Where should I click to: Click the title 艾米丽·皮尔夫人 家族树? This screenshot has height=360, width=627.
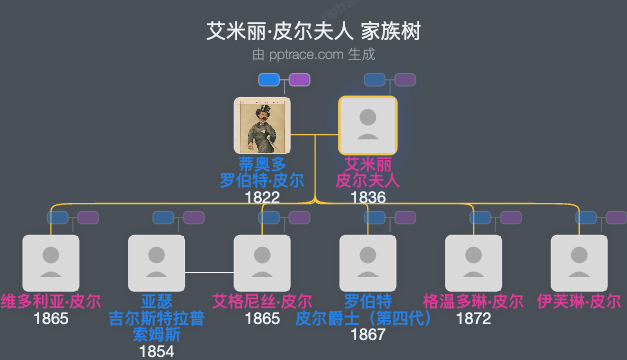[313, 31]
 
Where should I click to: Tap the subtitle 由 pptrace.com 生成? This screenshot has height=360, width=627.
[313, 54]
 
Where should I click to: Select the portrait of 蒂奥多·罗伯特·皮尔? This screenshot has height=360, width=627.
[261, 125]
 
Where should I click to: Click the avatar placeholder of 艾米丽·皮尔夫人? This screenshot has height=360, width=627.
[367, 125]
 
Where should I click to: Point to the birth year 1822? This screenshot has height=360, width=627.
[261, 197]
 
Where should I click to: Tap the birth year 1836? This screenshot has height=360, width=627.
[367, 197]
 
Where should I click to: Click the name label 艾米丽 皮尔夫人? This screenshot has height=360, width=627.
[367, 172]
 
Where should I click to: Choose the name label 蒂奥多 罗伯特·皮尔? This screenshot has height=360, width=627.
[261, 172]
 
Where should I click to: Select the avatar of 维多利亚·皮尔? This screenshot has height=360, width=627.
[50, 263]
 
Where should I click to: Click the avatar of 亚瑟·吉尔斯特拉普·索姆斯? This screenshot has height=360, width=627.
[156, 263]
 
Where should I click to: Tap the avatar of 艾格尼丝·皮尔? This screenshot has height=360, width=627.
[262, 263]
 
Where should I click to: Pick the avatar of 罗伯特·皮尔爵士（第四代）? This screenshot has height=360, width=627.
[367, 263]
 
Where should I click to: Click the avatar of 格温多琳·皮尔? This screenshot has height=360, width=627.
[473, 263]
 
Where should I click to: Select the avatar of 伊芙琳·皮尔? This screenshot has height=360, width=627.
[579, 263]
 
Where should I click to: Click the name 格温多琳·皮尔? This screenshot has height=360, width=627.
[473, 301]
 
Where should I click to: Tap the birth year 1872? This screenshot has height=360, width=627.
[473, 319]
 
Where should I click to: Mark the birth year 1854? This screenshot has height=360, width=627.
[156, 351]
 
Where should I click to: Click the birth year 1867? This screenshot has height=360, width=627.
[367, 335]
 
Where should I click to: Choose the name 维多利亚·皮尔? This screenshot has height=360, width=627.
[50, 301]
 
